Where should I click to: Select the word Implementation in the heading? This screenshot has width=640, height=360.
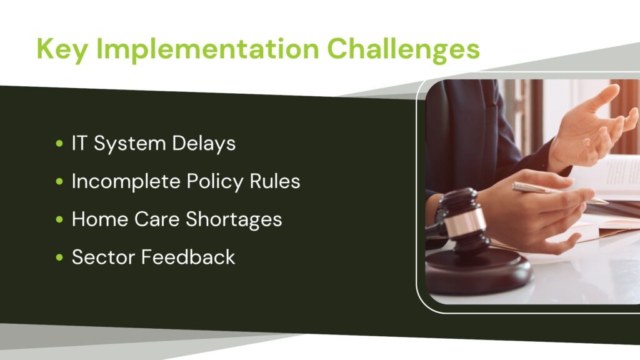[207, 49]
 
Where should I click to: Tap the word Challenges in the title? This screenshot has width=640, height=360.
[403, 49]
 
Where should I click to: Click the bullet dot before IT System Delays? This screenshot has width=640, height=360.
[59, 143]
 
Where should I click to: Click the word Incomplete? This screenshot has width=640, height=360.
[126, 182]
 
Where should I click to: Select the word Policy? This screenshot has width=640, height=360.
[215, 182]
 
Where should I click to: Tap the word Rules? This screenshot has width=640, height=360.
[275, 181]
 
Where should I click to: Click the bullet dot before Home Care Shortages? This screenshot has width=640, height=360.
[59, 219]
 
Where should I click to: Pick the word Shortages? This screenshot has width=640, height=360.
[234, 220]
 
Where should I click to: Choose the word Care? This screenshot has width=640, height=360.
[157, 219]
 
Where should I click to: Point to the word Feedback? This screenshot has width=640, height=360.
[188, 257]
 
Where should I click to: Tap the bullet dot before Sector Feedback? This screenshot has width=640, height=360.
[59, 257]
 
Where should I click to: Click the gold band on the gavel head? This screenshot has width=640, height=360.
[464, 224]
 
